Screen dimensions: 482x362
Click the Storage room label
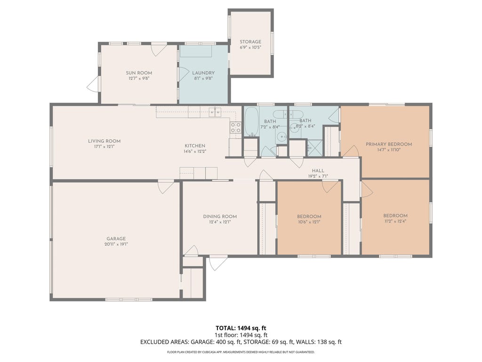[250, 41]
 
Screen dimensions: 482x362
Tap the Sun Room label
[139, 73]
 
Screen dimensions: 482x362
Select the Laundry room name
[203, 73]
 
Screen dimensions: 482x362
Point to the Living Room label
[104, 141]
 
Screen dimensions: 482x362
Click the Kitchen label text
[195, 146]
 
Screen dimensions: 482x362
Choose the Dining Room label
[220, 216]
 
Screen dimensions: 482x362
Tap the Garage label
[116, 239]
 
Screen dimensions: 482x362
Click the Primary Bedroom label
[389, 144]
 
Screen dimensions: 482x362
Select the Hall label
[318, 171]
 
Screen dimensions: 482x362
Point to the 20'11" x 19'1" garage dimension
[116, 244]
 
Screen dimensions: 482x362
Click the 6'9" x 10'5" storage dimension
[250, 48]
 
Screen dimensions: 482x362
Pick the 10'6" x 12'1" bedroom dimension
[309, 222]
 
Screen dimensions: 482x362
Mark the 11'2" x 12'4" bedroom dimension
[395, 221]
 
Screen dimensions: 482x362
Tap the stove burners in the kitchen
[236, 127]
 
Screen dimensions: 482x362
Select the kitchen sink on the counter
[215, 112]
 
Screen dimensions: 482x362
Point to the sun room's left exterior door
[93, 84]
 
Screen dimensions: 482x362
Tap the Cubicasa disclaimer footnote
[241, 352]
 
